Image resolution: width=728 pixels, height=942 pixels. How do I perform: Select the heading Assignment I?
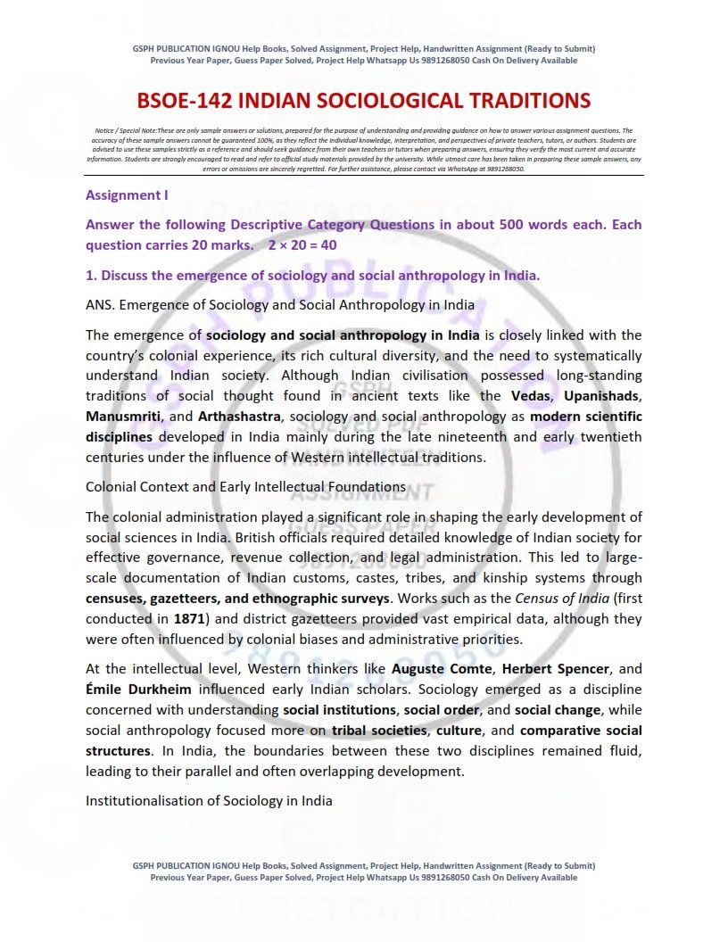coord(127,194)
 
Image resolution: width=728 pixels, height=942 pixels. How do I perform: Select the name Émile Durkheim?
coord(134,690)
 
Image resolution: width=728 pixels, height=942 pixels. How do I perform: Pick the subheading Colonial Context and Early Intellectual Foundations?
coord(245,487)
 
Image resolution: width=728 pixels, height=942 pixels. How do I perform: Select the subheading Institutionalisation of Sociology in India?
coord(209,801)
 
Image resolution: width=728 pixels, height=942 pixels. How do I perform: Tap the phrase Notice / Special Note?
coord(125,130)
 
